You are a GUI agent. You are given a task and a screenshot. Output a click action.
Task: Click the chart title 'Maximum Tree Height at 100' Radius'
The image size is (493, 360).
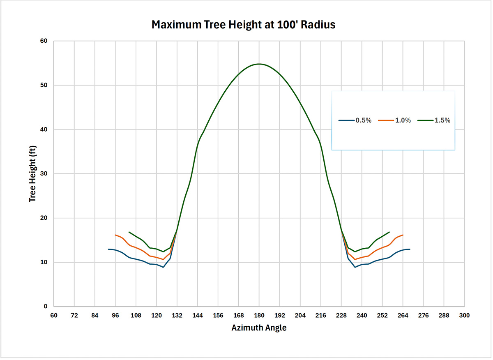[243, 25]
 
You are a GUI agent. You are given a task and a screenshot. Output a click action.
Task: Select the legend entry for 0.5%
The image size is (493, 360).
[355, 120]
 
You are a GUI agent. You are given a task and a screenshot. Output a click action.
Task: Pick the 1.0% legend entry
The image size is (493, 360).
[394, 120]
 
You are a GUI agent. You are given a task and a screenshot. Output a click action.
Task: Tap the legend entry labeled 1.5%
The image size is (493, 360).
[434, 120]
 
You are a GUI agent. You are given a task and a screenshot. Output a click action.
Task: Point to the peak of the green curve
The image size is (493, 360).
[259, 64]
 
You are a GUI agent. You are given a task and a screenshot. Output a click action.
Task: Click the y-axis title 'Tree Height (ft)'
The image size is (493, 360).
[33, 173]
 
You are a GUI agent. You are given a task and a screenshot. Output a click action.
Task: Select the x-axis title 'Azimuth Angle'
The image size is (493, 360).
[259, 328]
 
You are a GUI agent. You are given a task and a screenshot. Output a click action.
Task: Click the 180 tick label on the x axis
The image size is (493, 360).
[259, 315]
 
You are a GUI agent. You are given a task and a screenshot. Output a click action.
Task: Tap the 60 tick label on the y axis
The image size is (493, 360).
[44, 41]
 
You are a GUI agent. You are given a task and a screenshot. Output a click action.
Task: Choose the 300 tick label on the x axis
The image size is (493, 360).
[464, 315]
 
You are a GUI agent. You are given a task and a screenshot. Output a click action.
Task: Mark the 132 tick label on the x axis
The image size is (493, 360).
[177, 315]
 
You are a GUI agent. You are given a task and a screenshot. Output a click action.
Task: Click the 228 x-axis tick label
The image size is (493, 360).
[341, 315]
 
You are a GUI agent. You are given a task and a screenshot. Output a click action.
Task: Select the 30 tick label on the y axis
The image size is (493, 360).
[44, 174]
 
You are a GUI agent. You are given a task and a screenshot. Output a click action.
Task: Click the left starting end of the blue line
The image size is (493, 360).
[108, 249]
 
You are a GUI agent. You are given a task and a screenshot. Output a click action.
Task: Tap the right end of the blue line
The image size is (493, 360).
[410, 249]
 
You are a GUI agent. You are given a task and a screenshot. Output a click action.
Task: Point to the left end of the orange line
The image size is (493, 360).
[115, 235]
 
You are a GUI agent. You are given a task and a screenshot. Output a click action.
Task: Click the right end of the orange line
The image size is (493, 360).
[403, 235]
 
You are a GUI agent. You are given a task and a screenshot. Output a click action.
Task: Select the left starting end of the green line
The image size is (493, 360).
[129, 232]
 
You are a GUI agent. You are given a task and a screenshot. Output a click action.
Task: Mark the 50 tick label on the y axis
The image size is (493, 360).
[44, 85]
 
